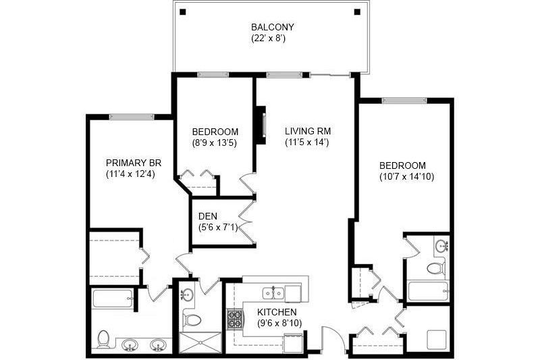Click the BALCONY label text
point(272,27)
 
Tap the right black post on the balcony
point(358,11)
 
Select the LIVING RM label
point(307,131)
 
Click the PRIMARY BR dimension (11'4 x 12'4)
point(130,174)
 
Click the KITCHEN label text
point(277,312)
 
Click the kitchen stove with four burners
point(235,318)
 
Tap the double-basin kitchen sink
point(273,292)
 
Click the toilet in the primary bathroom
point(104,338)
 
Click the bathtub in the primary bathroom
point(111,298)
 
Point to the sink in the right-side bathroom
point(442,245)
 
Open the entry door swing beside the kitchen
point(333,336)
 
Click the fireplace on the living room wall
point(260,124)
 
